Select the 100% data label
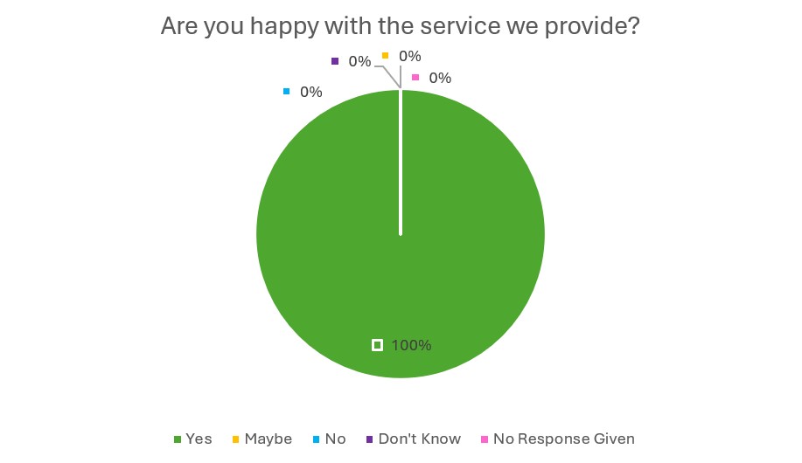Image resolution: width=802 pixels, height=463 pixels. point(411,345)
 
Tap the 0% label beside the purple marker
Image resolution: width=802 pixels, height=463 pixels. point(359,61)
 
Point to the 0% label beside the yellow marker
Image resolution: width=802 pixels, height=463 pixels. point(409,56)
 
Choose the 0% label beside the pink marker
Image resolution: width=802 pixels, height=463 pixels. point(440,78)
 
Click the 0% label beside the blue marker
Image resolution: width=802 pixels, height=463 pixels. point(310,92)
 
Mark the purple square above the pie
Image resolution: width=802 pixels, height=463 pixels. point(335,61)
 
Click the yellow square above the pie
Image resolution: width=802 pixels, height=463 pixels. point(385,56)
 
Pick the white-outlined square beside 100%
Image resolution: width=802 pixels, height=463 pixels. point(377,345)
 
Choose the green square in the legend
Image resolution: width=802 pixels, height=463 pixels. point(178,439)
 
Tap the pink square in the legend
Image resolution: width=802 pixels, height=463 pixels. point(485,439)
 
